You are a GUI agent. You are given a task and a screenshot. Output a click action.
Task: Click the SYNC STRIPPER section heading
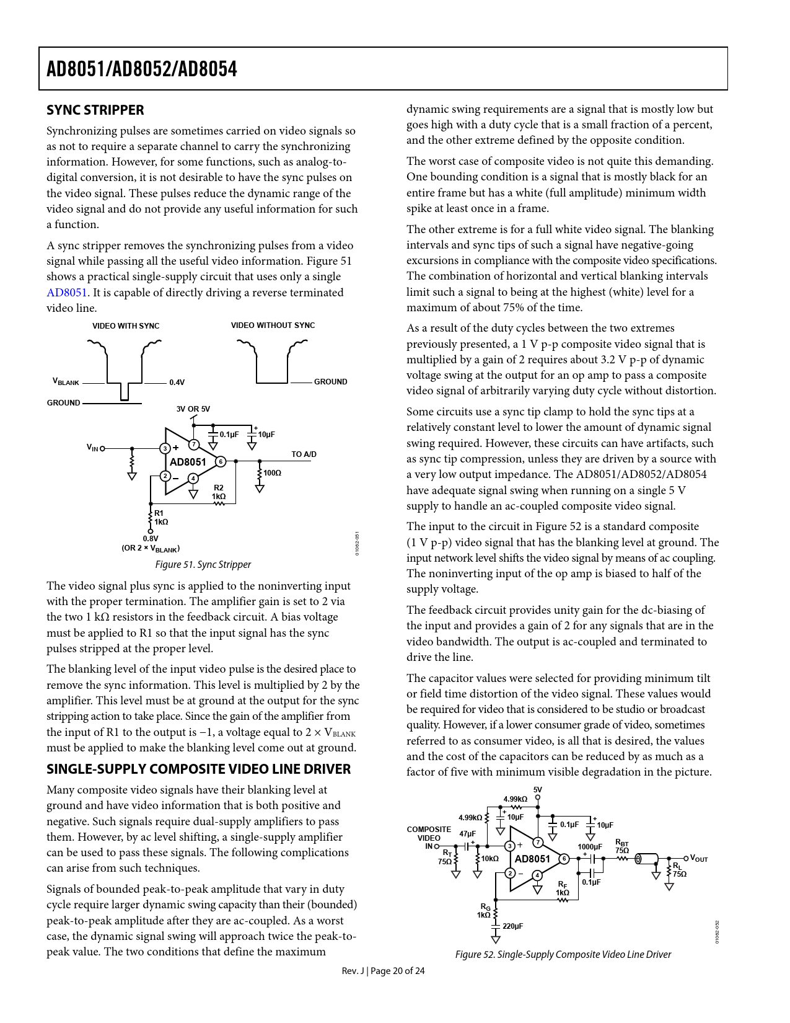95,110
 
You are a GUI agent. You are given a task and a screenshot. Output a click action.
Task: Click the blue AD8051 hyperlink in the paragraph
67,293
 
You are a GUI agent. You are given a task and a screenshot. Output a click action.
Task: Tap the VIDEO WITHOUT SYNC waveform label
273,325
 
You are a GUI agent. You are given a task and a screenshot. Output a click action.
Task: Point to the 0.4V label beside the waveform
177,383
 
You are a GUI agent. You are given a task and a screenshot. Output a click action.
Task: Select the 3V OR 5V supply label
193,409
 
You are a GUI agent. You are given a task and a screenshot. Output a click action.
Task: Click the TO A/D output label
304,454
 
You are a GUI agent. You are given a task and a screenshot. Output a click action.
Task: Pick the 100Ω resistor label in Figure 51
272,473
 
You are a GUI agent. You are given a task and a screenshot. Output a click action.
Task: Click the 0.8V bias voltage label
151,539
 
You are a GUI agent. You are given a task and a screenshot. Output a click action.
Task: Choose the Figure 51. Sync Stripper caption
203,565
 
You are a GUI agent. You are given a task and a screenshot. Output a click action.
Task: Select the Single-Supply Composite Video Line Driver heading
199,769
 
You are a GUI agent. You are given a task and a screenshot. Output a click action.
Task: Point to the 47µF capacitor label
468,834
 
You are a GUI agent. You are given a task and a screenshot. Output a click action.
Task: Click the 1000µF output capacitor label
590,847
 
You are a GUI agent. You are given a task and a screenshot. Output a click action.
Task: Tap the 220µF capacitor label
512,926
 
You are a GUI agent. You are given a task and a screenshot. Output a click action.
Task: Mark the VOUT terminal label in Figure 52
699,859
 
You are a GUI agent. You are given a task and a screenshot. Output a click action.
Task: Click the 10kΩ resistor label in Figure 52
489,859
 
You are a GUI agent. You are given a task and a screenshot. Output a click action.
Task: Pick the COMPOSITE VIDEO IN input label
429,838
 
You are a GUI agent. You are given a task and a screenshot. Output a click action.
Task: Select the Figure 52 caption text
563,955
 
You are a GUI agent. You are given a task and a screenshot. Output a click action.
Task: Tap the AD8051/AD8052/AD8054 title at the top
142,69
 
